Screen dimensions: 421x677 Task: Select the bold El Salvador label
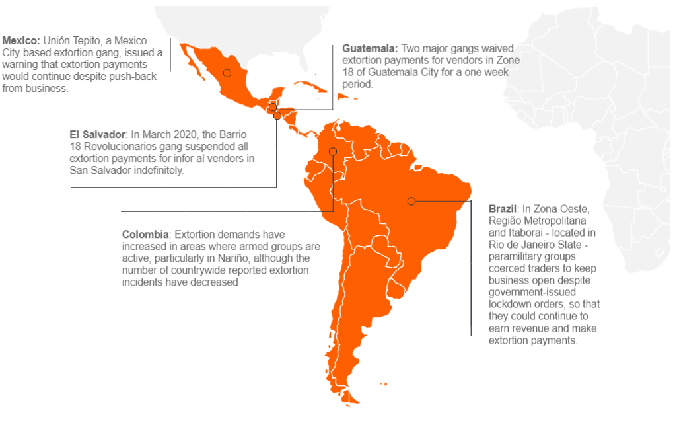(x=97, y=135)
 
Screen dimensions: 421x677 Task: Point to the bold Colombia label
(x=146, y=234)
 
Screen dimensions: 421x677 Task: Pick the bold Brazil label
(x=502, y=208)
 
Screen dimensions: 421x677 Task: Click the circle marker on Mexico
(x=227, y=73)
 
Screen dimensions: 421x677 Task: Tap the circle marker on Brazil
(x=411, y=201)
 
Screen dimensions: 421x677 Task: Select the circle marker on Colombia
(x=333, y=151)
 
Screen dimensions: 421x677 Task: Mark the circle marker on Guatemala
(x=272, y=107)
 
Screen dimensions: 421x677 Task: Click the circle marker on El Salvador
(x=277, y=116)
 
